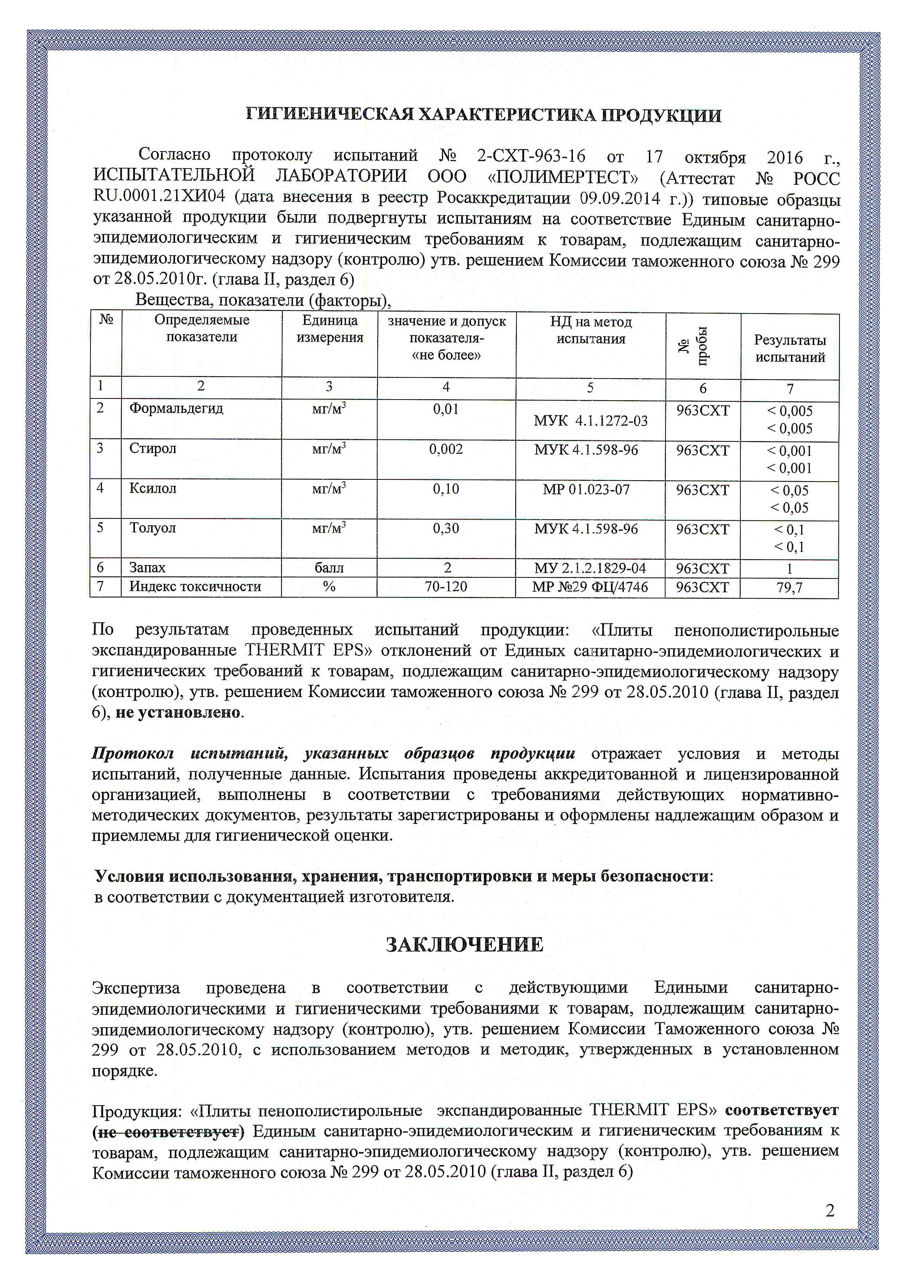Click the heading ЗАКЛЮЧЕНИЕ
click(x=464, y=944)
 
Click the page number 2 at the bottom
click(x=830, y=1211)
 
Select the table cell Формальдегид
click(x=176, y=408)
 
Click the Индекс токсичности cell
click(x=195, y=586)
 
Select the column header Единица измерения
click(x=330, y=329)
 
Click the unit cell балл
click(x=329, y=568)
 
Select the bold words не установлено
click(x=179, y=712)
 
